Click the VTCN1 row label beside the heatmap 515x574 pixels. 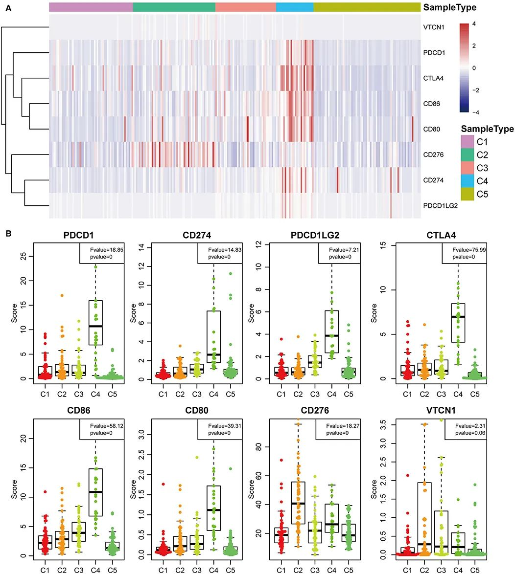(x=434, y=27)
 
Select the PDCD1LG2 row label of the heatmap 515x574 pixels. (x=440, y=206)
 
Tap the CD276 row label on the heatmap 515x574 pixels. (x=433, y=155)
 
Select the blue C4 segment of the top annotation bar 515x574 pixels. (x=295, y=7)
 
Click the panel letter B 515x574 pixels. (x=8, y=234)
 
